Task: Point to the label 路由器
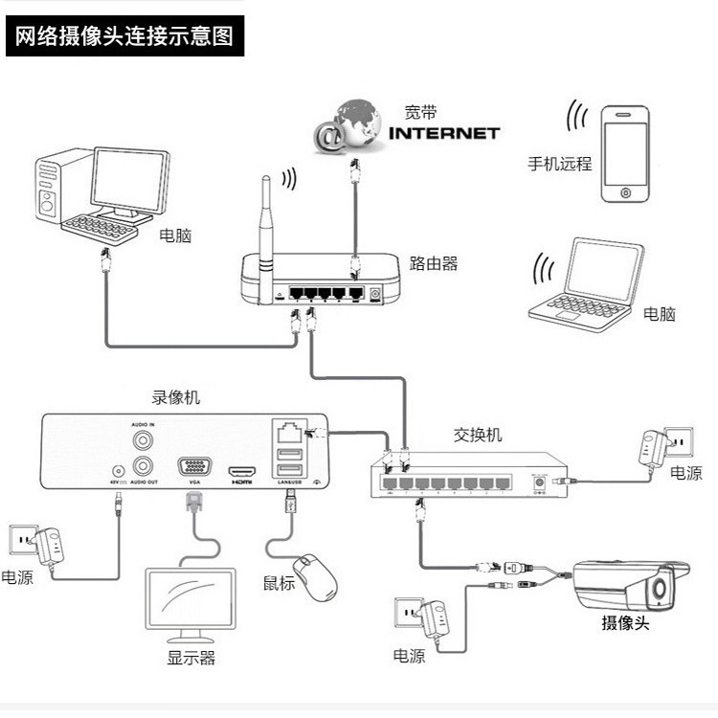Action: tap(433, 263)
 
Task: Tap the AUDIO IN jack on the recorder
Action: tap(144, 440)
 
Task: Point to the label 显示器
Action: tap(191, 658)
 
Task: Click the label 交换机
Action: tap(477, 436)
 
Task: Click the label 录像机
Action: tap(176, 396)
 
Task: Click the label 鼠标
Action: tap(279, 583)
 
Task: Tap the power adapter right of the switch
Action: tap(654, 449)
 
